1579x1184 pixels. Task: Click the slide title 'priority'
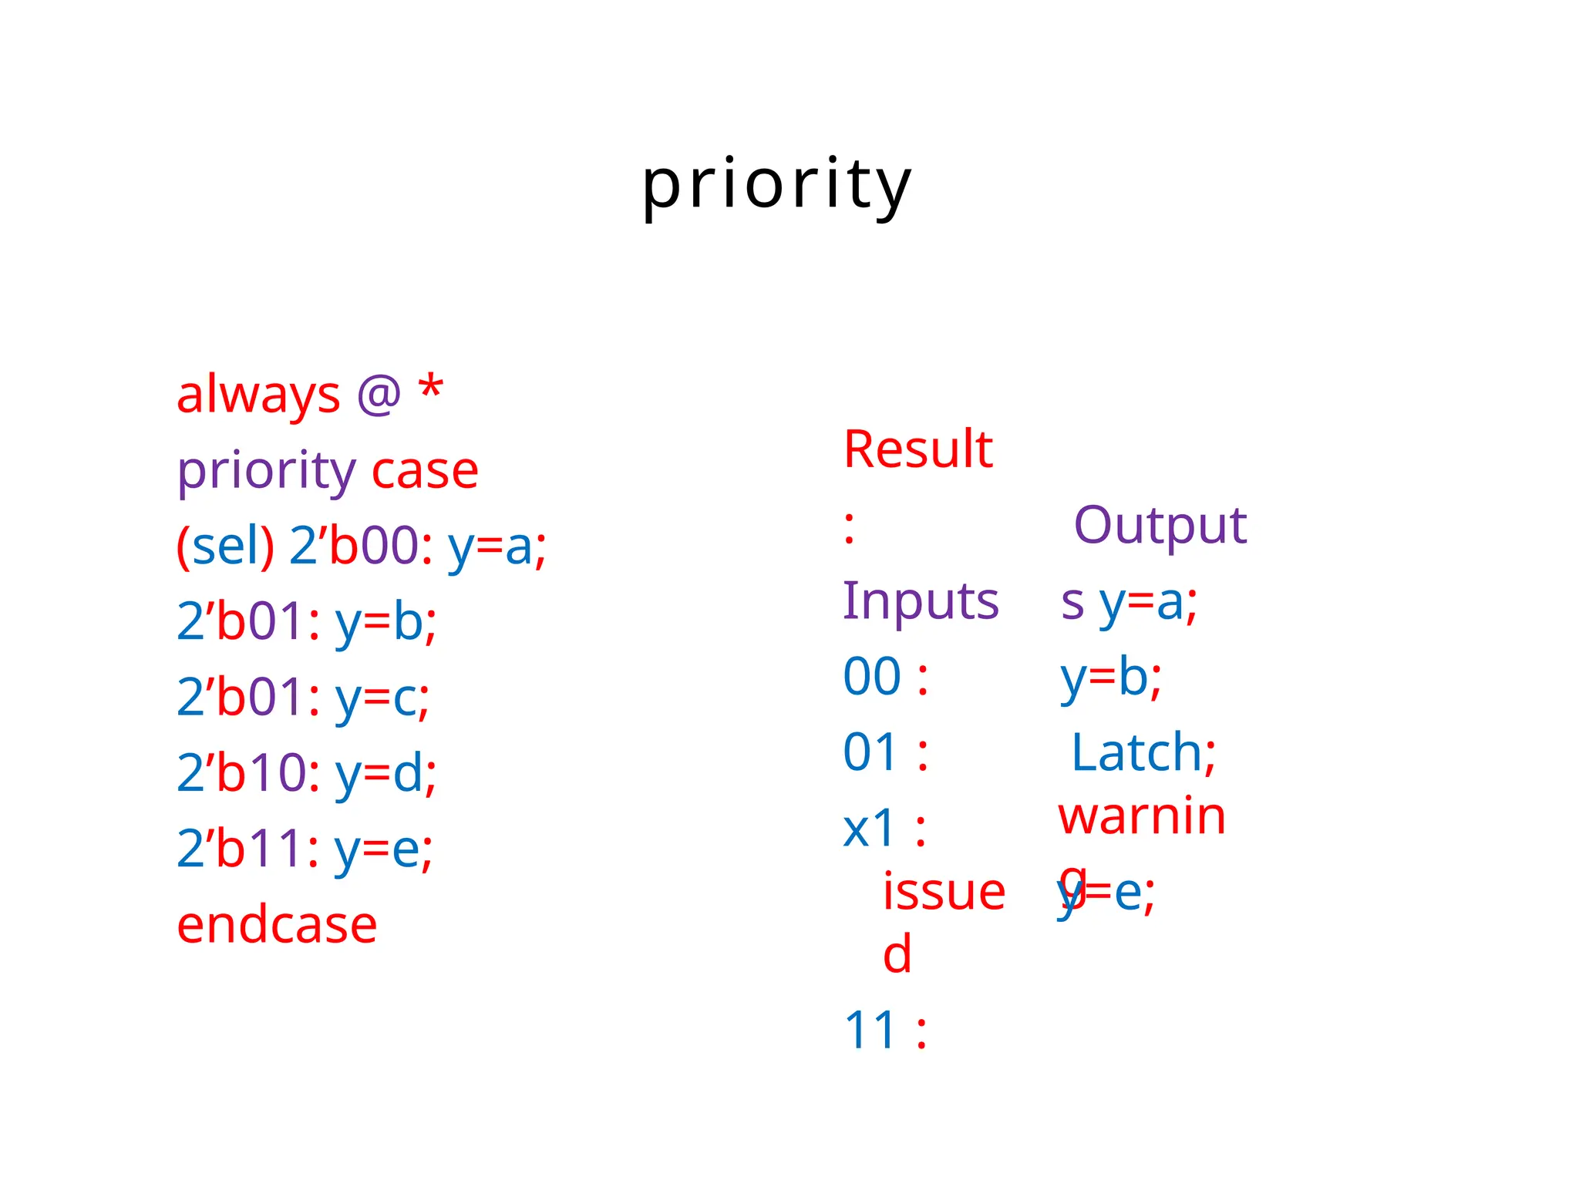(777, 185)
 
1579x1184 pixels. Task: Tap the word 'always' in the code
(258, 395)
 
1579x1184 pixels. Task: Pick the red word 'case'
(425, 471)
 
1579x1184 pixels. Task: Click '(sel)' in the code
(225, 546)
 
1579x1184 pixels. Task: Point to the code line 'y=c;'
(382, 698)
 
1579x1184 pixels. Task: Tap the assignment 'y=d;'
(385, 773)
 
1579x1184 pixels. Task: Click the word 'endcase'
(277, 924)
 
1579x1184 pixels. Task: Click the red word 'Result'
(917, 449)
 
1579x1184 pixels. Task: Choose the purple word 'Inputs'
(921, 600)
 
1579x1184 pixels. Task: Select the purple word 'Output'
(1160, 525)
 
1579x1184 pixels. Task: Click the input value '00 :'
(885, 677)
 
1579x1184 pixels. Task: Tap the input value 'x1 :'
(884, 829)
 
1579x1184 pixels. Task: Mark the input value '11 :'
(885, 1030)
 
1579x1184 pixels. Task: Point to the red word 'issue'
(944, 892)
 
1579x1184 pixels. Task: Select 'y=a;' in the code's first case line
(497, 546)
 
